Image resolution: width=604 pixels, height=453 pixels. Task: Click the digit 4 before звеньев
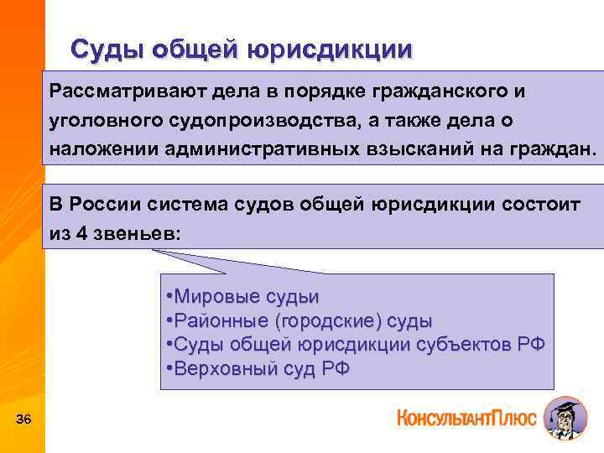81,234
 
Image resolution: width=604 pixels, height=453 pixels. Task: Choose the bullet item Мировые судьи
243,297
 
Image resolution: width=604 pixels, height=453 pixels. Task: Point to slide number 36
23,419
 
